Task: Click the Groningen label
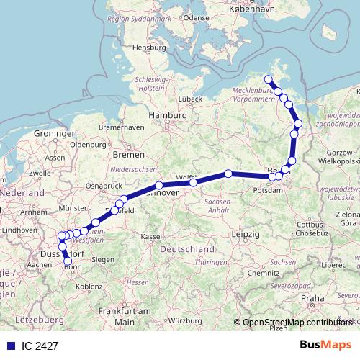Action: click(x=55, y=134)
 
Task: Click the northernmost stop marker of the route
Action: click(x=269, y=80)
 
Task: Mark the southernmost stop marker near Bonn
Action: click(x=68, y=261)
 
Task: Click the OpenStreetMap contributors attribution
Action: click(x=297, y=323)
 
